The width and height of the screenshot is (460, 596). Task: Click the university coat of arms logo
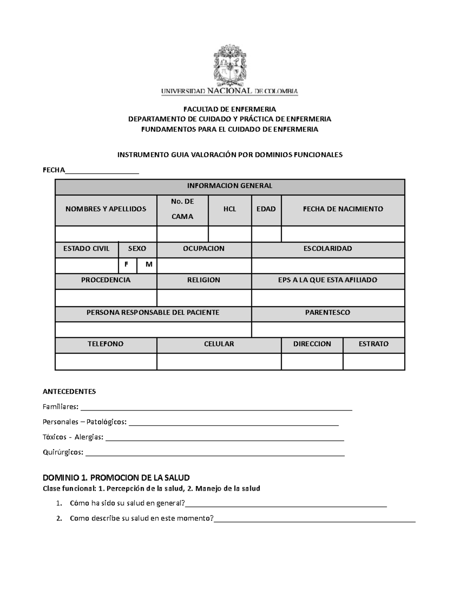pos(230,65)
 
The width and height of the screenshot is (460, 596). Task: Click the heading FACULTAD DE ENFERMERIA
pos(230,109)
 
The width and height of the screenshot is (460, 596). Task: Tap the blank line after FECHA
pos(102,171)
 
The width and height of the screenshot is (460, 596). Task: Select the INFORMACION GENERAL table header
pos(230,186)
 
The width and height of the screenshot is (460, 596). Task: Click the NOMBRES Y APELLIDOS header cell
pos(106,209)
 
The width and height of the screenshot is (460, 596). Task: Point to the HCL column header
pos(230,209)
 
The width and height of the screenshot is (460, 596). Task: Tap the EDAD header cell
pos(266,209)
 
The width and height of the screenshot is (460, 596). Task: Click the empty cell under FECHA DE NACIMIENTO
pos(343,234)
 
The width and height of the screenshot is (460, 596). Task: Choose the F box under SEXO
pos(127,265)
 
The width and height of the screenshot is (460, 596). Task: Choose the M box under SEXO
pos(147,265)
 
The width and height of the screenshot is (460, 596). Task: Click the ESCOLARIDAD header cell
pos(328,249)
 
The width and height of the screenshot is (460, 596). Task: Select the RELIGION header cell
pos(204,280)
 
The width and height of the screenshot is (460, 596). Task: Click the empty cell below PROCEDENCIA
pos(106,298)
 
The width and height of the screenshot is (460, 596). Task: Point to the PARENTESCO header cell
pos(328,313)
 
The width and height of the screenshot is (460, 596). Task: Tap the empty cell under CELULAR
pos(219,362)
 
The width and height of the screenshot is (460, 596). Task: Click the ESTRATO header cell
pos(373,344)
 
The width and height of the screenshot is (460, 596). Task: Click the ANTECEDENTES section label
pos(69,392)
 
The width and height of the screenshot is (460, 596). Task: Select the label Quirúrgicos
pos(63,452)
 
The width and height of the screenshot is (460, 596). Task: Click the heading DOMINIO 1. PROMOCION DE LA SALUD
pos(116,478)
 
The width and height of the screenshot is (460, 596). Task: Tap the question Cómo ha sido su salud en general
pos(128,504)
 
